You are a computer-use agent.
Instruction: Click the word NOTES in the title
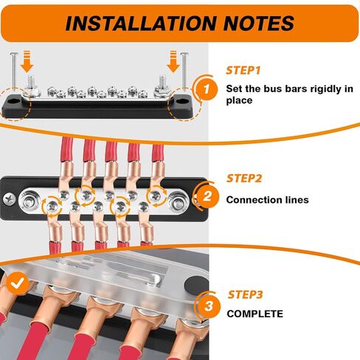pyautogui.click(x=259, y=24)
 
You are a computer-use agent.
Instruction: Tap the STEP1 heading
pyautogui.click(x=243, y=71)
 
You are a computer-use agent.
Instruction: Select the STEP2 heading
pyautogui.click(x=244, y=179)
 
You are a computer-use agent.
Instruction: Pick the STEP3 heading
pyautogui.click(x=245, y=294)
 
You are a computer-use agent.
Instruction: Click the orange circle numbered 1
pyautogui.click(x=207, y=89)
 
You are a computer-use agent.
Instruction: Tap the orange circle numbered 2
pyautogui.click(x=208, y=196)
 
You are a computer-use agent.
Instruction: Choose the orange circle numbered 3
pyautogui.click(x=209, y=306)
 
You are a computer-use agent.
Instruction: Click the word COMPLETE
pyautogui.click(x=255, y=314)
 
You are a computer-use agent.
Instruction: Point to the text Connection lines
pyautogui.click(x=267, y=200)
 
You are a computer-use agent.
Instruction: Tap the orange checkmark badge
pyautogui.click(x=18, y=283)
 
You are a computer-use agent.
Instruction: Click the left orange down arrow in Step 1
pyautogui.click(x=27, y=61)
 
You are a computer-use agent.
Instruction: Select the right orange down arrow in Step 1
pyautogui.click(x=173, y=61)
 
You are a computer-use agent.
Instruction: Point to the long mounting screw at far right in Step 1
pyautogui.click(x=184, y=70)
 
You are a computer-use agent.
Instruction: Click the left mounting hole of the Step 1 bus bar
pyautogui.click(x=15, y=101)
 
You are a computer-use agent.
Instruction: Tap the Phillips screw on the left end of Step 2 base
pyautogui.click(x=10, y=199)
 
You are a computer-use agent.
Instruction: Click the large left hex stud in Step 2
pyautogui.click(x=29, y=200)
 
